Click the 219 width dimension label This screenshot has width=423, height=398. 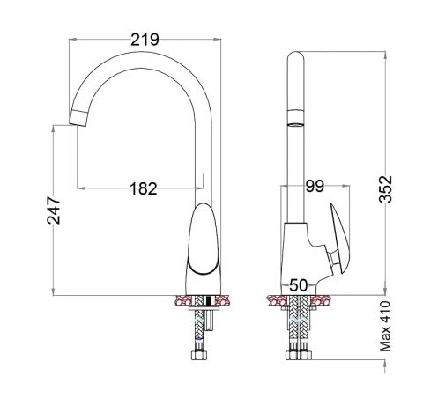coord(144,40)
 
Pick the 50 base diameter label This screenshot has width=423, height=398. coord(298,286)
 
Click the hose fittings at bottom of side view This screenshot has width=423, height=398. coord(300,356)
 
